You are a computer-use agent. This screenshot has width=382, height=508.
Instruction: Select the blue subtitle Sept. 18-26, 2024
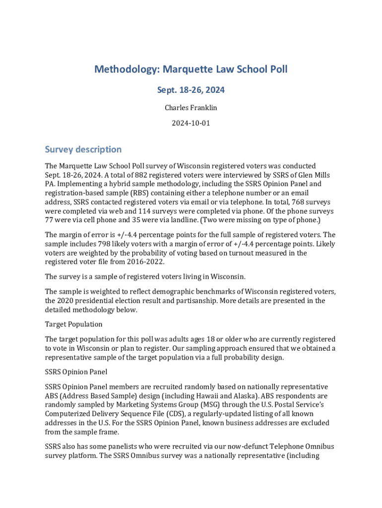click(x=191, y=90)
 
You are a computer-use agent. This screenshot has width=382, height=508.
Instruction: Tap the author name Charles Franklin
click(x=191, y=107)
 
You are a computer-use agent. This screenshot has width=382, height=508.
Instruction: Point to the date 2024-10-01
click(x=191, y=123)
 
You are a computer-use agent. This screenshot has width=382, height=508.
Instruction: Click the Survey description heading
click(x=83, y=149)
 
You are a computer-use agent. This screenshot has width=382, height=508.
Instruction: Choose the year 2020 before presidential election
click(x=68, y=301)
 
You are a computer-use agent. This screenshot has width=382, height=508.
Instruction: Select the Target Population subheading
click(x=73, y=324)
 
